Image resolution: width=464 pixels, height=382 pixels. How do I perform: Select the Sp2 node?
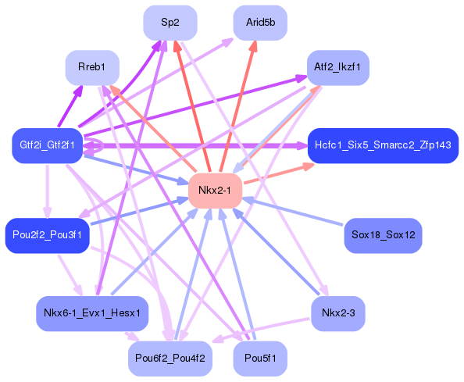(170, 23)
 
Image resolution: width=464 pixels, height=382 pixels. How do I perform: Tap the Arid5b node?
(260, 23)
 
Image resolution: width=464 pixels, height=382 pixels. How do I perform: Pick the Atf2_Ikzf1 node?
(338, 68)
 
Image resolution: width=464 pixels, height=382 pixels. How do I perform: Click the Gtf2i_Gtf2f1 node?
(47, 145)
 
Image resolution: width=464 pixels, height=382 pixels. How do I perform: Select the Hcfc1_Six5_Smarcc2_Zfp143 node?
(381, 145)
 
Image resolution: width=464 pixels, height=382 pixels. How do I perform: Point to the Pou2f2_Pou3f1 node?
(47, 235)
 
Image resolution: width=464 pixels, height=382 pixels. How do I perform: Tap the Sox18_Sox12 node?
(383, 235)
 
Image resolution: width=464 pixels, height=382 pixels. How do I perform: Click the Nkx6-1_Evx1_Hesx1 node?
(91, 313)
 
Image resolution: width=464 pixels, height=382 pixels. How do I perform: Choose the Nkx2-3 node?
(338, 313)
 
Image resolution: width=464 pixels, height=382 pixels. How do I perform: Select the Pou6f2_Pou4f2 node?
(170, 359)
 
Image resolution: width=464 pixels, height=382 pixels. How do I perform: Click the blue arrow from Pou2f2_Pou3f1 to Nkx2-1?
(141, 212)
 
